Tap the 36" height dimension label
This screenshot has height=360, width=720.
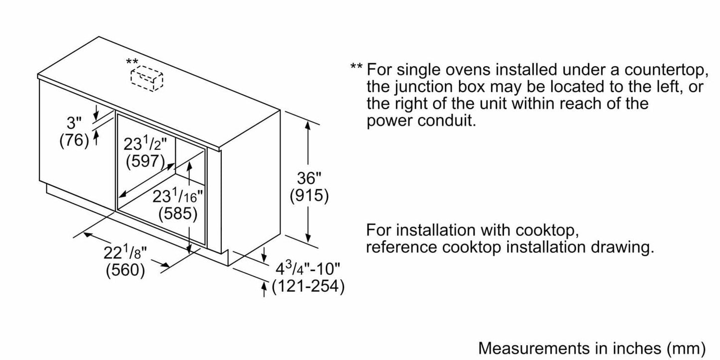pyautogui.click(x=309, y=179)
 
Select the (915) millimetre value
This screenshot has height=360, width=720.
pyautogui.click(x=309, y=196)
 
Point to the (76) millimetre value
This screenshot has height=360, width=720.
pyautogui.click(x=74, y=141)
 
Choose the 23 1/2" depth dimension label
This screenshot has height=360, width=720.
pyautogui.click(x=145, y=144)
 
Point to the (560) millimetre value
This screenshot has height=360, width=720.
pyautogui.click(x=125, y=270)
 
